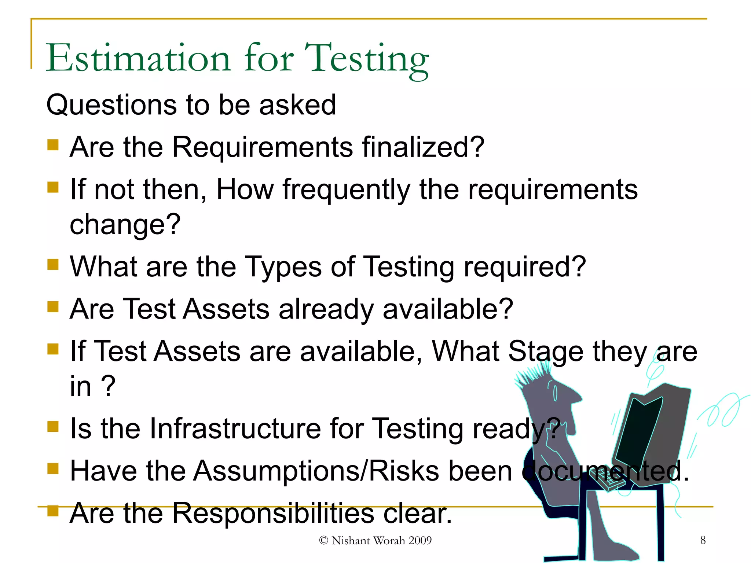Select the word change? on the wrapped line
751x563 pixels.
(x=125, y=224)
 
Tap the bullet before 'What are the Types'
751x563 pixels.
(x=53, y=264)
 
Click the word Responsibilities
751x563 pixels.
(x=273, y=514)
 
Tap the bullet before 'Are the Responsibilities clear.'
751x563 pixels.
(x=53, y=510)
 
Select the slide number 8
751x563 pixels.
(x=703, y=540)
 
